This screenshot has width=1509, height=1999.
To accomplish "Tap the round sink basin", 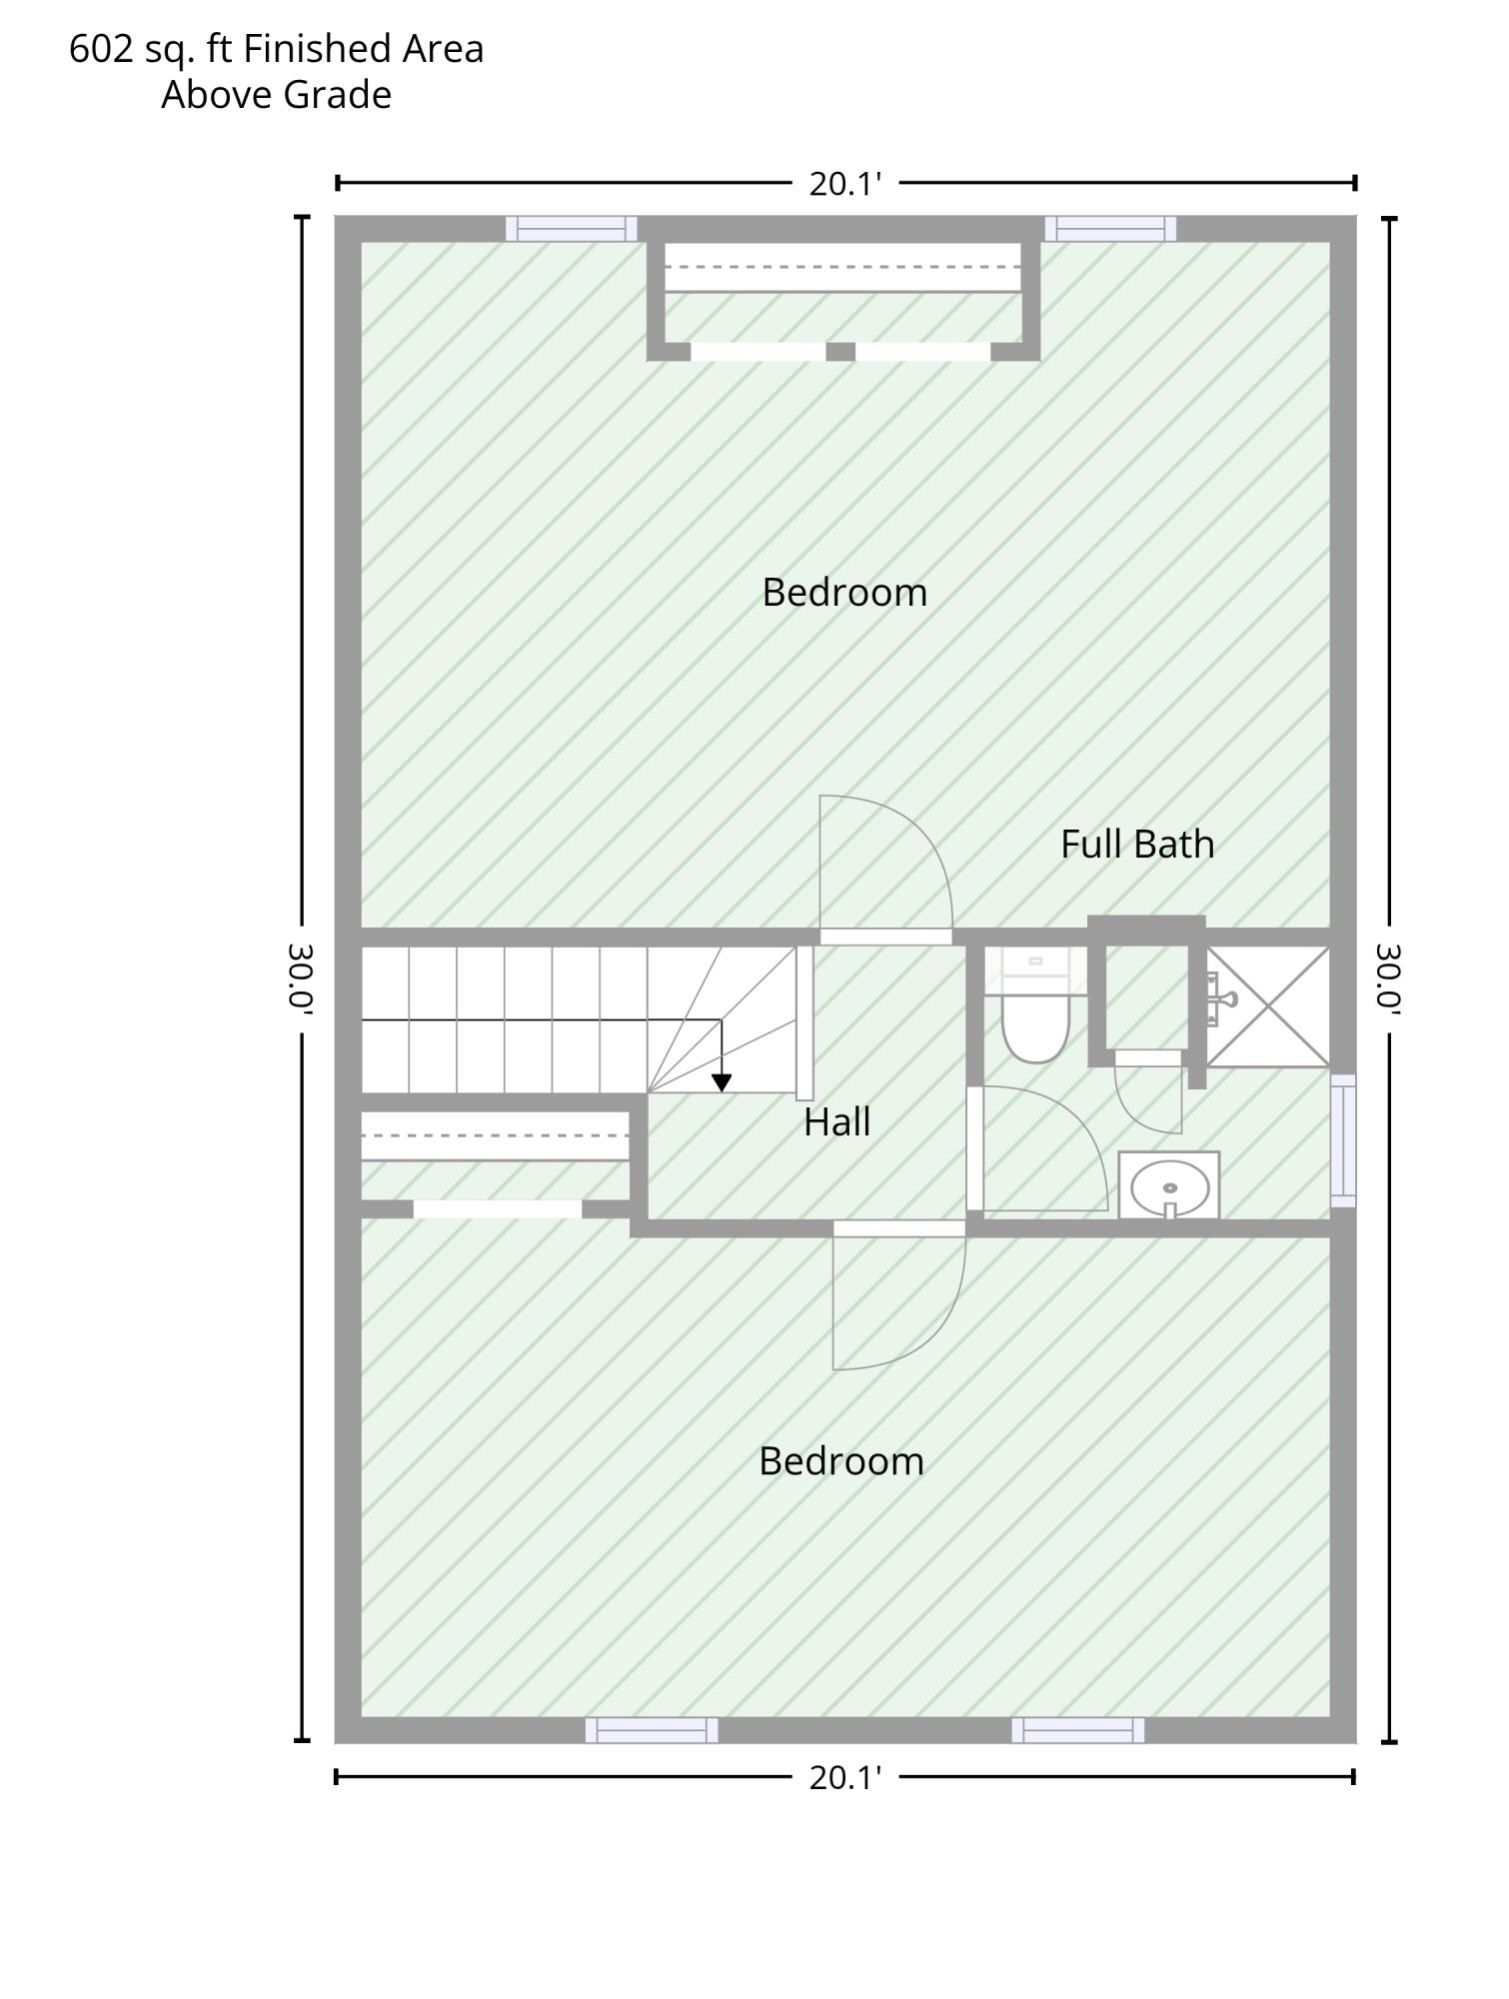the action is [x=1170, y=1187].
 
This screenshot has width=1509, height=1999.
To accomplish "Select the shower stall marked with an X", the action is [x=1268, y=1005].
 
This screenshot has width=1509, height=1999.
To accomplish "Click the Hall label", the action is [x=836, y=1122].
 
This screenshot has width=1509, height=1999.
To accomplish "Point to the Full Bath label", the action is [x=1137, y=845].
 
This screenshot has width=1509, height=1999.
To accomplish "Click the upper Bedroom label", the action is [x=844, y=593].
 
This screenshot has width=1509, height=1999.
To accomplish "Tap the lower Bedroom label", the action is [x=840, y=1461].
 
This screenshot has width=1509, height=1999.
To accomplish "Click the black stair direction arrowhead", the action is [x=722, y=1082].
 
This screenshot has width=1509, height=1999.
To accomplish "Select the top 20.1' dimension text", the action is [x=845, y=184].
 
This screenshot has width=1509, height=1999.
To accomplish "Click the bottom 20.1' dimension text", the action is [x=845, y=1778].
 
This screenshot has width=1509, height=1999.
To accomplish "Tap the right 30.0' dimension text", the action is [x=1389, y=980].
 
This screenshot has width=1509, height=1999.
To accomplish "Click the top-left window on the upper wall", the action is [x=571, y=229].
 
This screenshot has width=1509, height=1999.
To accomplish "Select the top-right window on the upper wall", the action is [x=1110, y=229].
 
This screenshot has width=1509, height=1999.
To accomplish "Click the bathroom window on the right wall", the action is [x=1344, y=1140].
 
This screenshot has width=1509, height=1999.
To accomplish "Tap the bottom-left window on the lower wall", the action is [x=652, y=1730].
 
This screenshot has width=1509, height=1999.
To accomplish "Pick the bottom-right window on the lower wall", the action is [x=1078, y=1730].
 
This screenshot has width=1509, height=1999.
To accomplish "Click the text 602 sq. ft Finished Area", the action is [x=277, y=49].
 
